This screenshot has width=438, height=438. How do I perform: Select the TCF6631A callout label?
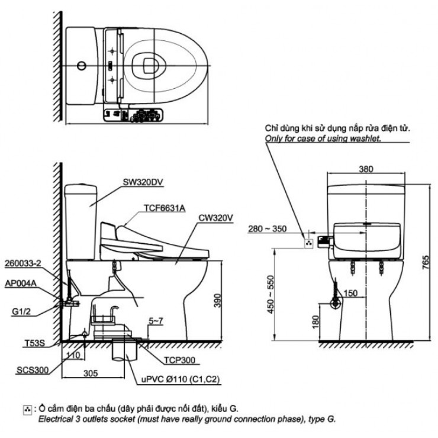point(164,208)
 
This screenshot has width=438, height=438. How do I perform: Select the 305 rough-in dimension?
point(91,373)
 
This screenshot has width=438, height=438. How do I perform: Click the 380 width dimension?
point(366,169)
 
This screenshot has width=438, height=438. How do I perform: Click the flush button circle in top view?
point(82,65)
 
